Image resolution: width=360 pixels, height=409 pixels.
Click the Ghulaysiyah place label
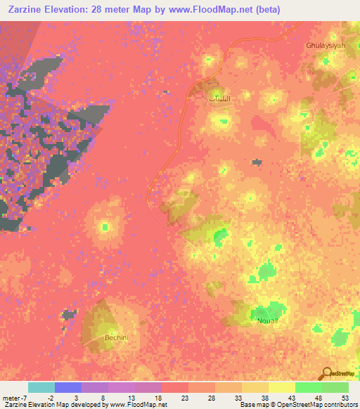(x=325, y=45)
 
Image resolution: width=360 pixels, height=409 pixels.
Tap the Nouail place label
(x=268, y=319)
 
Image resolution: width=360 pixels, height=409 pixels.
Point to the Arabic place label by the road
(x=217, y=98)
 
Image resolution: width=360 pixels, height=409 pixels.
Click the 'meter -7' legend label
(x=15, y=396)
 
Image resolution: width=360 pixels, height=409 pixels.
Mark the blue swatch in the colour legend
(x=68, y=387)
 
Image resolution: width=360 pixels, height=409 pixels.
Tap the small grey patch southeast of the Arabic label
(x=257, y=162)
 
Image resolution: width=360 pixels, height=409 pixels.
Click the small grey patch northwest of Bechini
(x=69, y=314)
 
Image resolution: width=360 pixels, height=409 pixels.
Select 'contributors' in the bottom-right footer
(x=340, y=405)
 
